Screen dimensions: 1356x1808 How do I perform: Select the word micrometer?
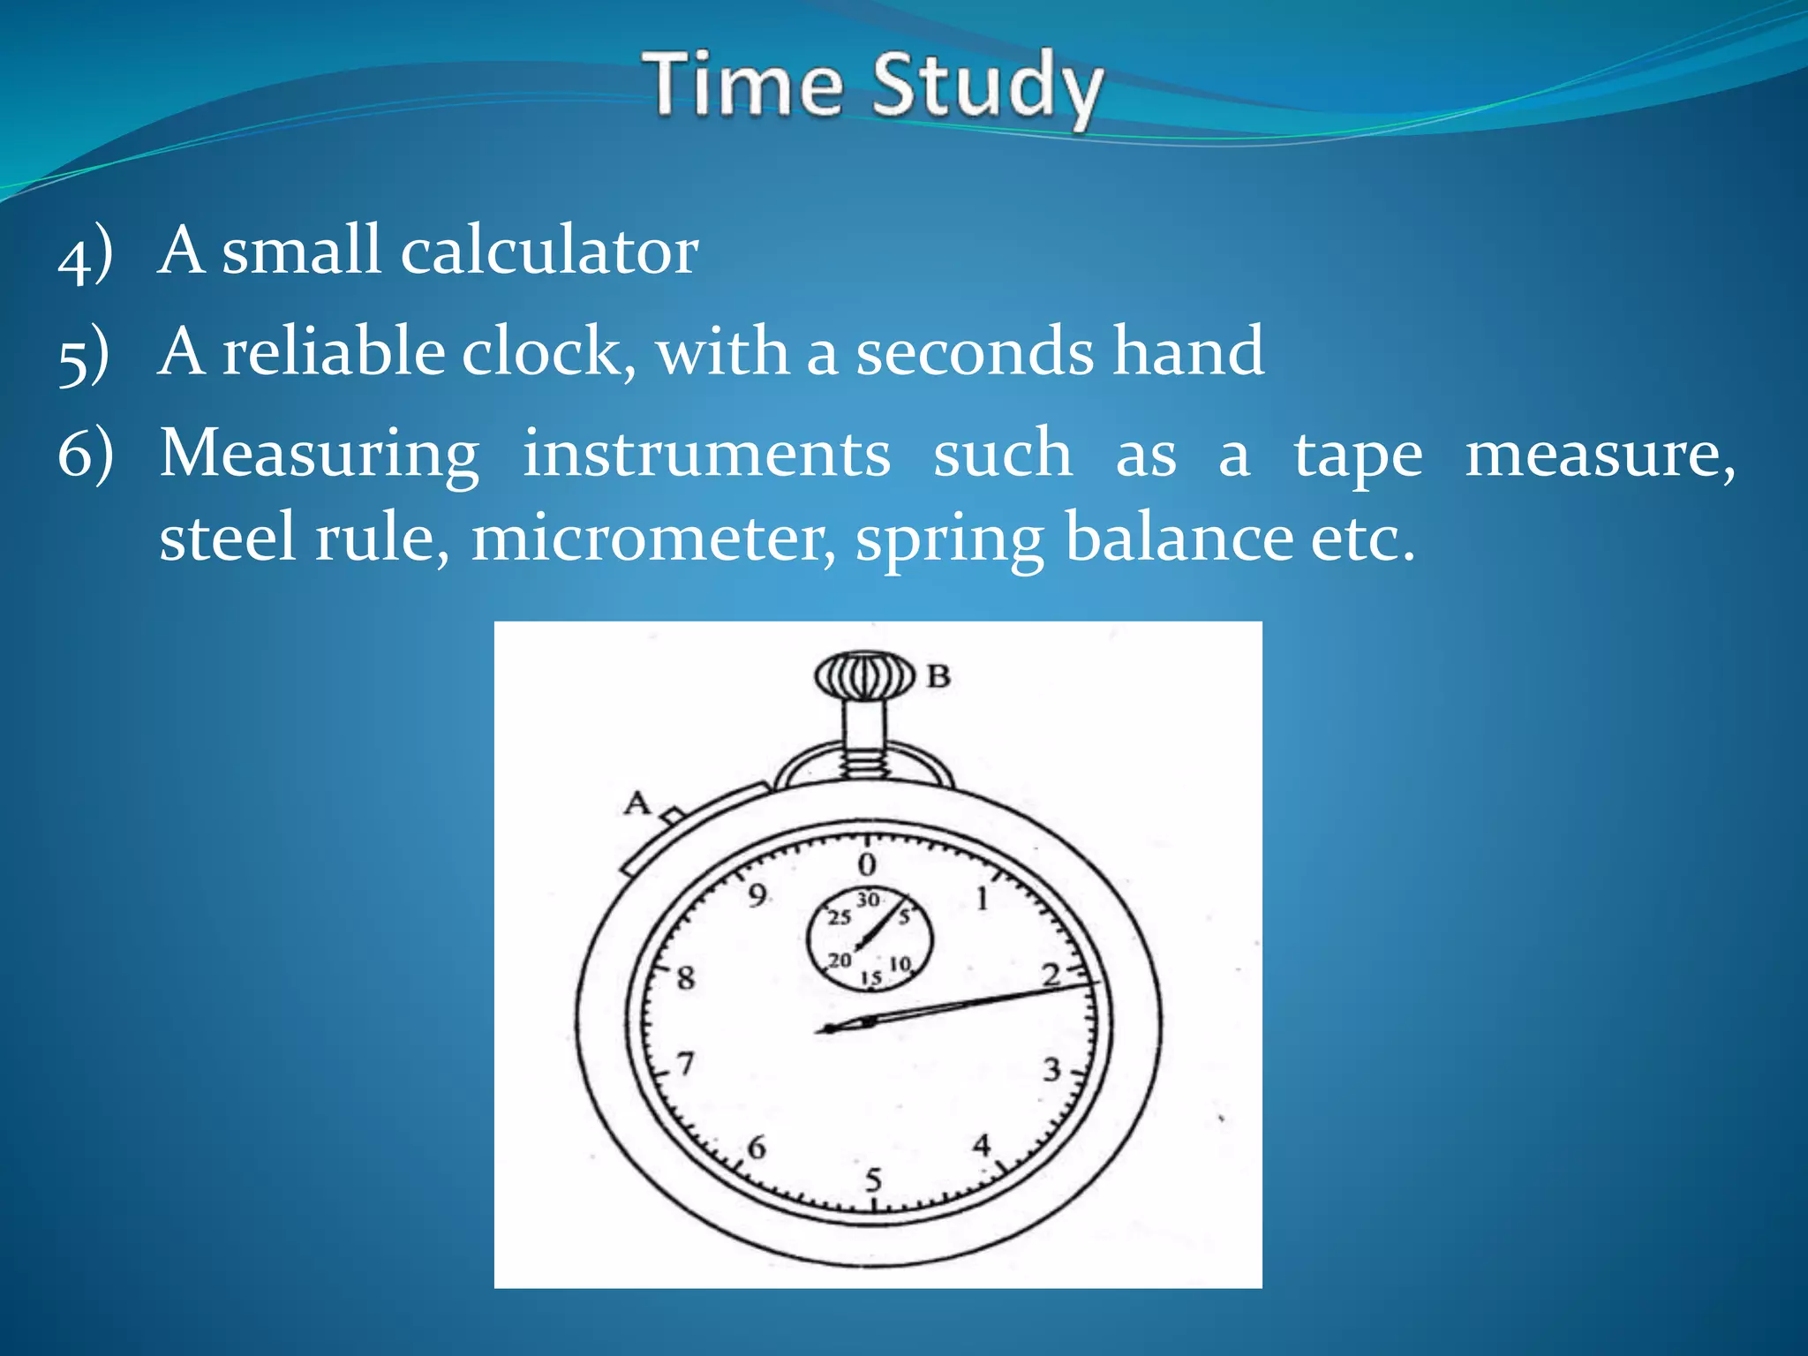653,537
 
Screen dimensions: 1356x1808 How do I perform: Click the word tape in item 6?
1358,456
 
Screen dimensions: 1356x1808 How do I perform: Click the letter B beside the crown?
938,677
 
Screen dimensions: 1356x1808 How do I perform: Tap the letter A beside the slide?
637,803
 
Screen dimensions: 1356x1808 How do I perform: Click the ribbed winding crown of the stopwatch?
863,677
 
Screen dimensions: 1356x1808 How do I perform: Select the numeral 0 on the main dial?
867,864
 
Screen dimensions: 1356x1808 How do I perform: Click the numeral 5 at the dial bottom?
873,1179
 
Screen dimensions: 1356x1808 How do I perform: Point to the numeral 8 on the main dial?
686,978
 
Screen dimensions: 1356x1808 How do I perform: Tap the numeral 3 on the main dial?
1051,1070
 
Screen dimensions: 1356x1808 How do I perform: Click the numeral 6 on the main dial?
757,1148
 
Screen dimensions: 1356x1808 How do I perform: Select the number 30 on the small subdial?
869,900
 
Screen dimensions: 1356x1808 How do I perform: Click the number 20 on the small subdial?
840,960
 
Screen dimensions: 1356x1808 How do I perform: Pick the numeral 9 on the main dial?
757,896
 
